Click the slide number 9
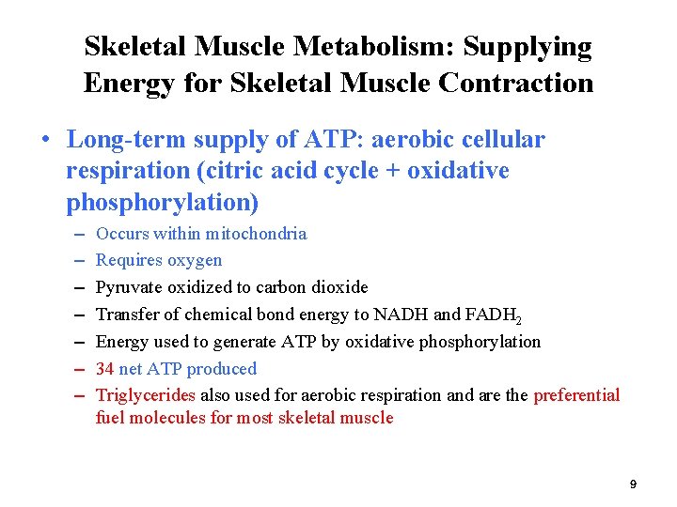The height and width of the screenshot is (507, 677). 633,484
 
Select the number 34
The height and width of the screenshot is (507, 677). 105,369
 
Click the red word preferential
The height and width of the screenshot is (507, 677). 576,395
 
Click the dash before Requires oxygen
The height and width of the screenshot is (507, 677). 76,260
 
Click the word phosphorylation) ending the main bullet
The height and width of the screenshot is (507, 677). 163,202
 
